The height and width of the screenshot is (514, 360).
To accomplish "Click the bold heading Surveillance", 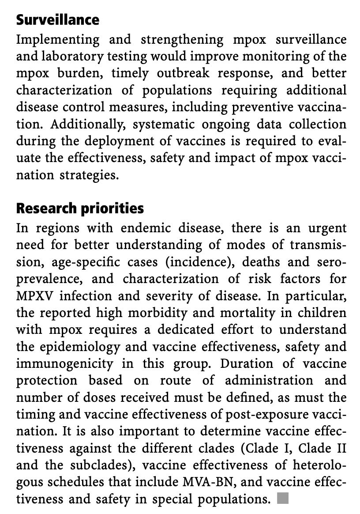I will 58,20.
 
